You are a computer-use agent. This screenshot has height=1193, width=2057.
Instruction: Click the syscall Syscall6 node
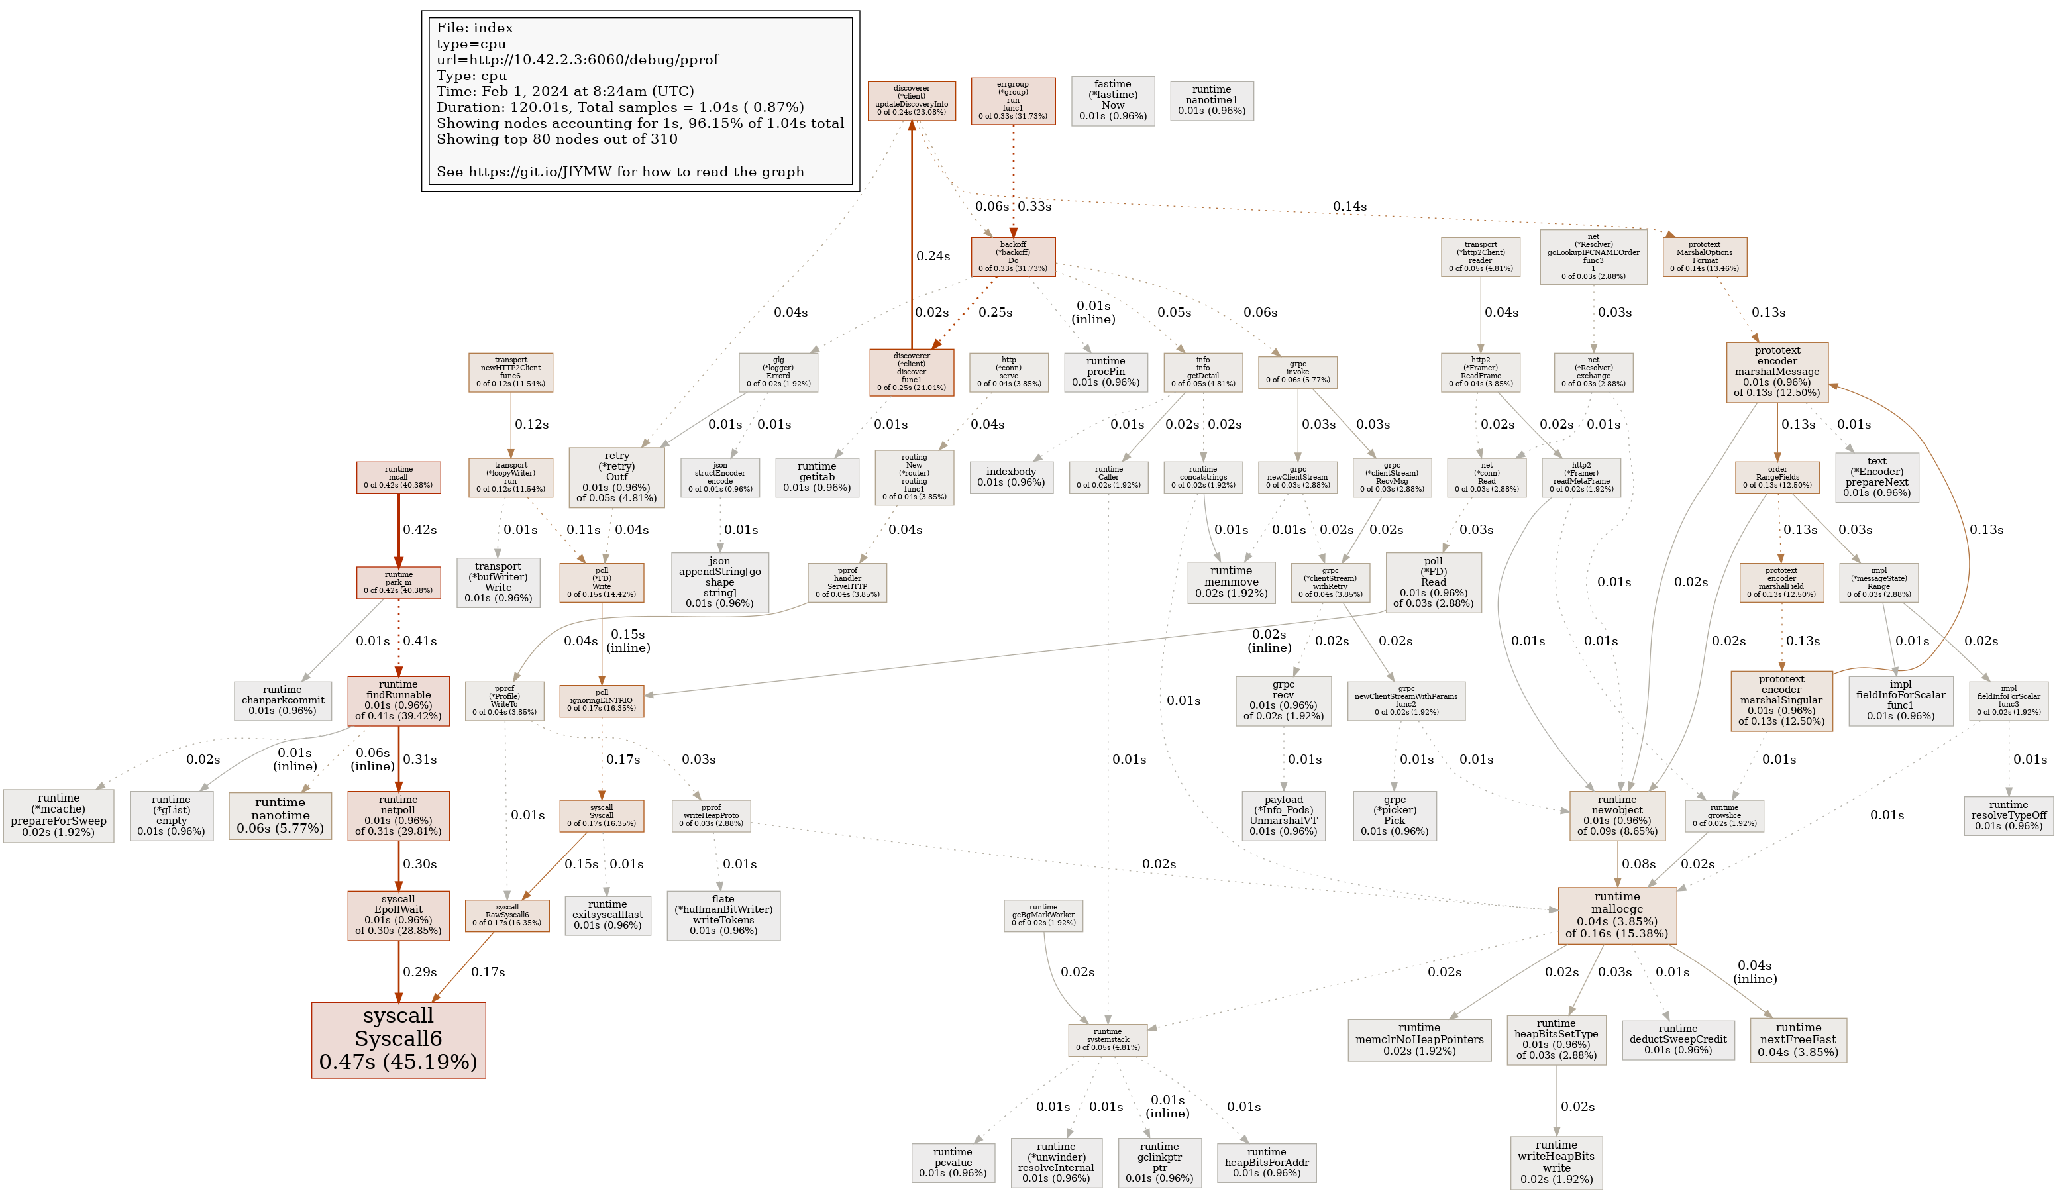point(398,1039)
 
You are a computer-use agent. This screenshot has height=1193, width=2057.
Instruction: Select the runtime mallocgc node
point(1616,914)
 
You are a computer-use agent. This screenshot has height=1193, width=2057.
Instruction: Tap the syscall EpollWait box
point(398,915)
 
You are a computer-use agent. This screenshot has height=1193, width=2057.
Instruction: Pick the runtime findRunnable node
point(398,700)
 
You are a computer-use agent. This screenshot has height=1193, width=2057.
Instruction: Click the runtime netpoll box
point(398,815)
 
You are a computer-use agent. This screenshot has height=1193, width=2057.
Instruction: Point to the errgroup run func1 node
point(1012,101)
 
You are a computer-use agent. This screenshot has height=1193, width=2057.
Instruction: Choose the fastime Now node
point(1112,101)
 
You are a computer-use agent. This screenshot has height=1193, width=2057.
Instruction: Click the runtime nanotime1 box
point(1211,101)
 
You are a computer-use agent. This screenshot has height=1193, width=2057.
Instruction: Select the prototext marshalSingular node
point(1781,700)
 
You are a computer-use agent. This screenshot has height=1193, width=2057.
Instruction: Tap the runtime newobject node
point(1616,815)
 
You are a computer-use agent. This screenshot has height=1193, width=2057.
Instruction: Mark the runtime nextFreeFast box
point(1798,1039)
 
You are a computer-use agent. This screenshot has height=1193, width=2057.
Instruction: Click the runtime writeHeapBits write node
point(1556,1162)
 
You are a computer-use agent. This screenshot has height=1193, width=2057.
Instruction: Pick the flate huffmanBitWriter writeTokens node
point(723,915)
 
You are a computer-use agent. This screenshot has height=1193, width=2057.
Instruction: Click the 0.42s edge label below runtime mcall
point(419,529)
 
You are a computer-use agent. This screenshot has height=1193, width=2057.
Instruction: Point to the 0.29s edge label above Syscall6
point(419,972)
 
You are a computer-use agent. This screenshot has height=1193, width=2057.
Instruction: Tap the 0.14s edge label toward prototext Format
point(1349,207)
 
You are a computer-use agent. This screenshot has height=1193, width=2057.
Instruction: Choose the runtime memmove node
point(1231,582)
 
